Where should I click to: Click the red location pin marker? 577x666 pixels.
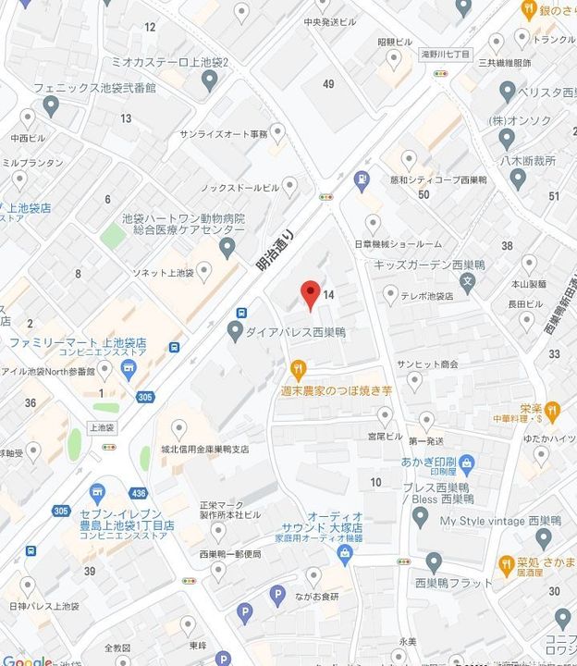click(312, 294)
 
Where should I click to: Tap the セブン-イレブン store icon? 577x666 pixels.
click(97, 492)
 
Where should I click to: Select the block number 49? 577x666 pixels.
click(328, 84)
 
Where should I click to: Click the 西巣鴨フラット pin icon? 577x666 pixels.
click(434, 561)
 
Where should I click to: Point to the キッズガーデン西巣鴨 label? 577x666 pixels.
click(417, 265)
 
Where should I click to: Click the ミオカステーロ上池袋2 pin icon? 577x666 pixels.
click(210, 80)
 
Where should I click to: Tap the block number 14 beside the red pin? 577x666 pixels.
click(329, 294)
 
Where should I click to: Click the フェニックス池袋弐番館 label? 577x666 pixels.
click(94, 88)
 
